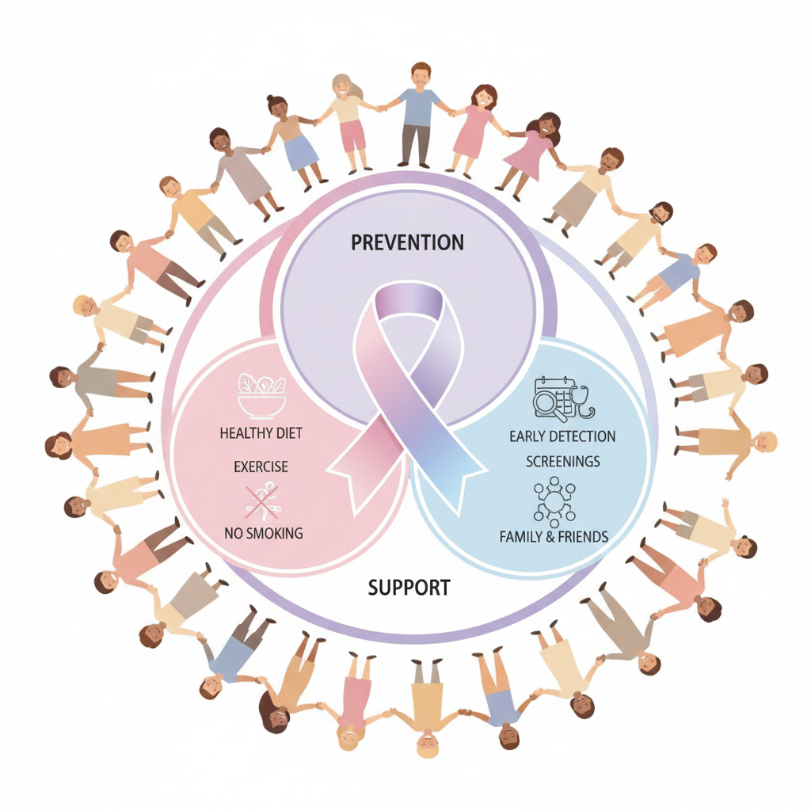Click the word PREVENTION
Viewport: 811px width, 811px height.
tap(407, 242)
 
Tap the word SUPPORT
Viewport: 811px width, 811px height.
tap(409, 588)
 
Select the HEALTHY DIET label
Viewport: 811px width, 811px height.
tap(261, 433)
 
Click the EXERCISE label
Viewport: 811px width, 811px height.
tap(261, 467)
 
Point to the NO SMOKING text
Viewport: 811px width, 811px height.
tap(264, 533)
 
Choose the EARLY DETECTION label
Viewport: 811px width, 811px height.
tap(562, 436)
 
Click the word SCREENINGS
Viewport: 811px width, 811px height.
tap(562, 461)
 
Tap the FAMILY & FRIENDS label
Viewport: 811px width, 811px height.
tap(554, 536)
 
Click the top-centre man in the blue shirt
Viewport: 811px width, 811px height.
tap(418, 115)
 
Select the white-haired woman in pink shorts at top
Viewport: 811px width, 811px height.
tap(348, 119)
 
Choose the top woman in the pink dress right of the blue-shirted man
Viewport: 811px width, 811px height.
tap(475, 127)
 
